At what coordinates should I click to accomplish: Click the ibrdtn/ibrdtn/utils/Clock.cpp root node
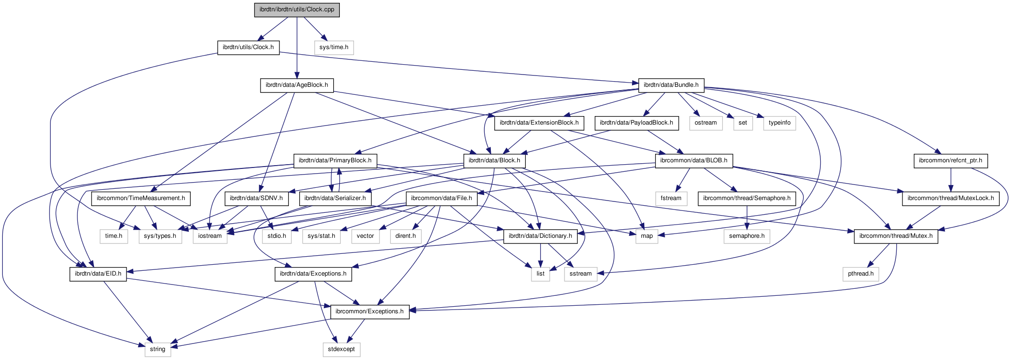(x=297, y=9)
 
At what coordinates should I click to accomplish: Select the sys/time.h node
(x=334, y=47)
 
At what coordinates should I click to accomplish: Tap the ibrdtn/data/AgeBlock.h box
(x=296, y=85)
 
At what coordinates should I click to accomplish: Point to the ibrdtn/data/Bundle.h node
(x=671, y=85)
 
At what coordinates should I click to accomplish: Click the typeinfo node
(x=779, y=123)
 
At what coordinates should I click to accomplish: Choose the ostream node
(x=706, y=123)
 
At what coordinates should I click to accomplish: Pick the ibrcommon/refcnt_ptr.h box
(x=951, y=160)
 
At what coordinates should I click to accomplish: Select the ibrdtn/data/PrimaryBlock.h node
(x=335, y=160)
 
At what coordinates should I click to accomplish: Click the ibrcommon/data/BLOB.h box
(x=693, y=160)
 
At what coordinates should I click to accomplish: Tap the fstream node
(x=671, y=198)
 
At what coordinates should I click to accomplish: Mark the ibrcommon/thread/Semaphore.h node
(x=747, y=198)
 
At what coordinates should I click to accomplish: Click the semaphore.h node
(x=747, y=236)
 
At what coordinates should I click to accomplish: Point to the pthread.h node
(x=860, y=274)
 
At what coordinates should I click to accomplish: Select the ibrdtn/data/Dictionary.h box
(x=540, y=236)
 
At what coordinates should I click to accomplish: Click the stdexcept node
(x=341, y=349)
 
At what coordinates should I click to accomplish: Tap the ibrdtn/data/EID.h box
(x=98, y=274)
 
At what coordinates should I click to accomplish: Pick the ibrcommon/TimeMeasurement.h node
(x=141, y=198)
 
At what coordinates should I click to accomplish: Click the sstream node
(x=580, y=274)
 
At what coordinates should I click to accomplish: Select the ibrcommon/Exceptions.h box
(x=370, y=311)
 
